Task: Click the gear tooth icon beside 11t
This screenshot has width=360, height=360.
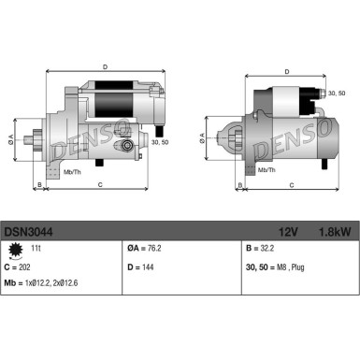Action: click(14, 249)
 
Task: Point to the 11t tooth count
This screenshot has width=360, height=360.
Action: click(37, 250)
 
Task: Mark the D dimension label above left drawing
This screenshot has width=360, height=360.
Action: click(104, 66)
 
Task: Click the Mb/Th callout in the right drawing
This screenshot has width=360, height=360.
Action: click(266, 168)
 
